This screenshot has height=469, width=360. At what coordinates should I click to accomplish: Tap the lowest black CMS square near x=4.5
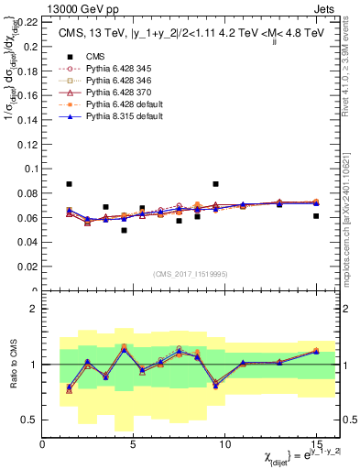[x=124, y=230]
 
